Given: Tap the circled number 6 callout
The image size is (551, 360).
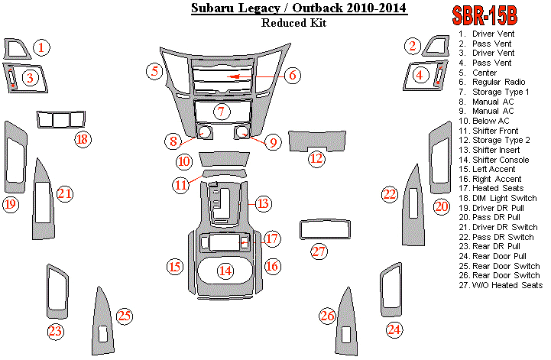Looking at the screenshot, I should pyautogui.click(x=292, y=75).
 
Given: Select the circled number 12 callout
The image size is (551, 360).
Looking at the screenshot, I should pyautogui.click(x=316, y=158).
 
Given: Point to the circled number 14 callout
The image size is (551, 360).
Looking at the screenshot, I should pyautogui.click(x=225, y=270).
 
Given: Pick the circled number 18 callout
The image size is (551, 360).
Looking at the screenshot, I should pyautogui.click(x=82, y=139).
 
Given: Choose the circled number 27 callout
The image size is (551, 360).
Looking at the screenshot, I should pyautogui.click(x=319, y=251).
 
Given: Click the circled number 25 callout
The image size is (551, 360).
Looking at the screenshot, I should pyautogui.click(x=124, y=315).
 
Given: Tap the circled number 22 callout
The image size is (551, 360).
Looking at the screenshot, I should pyautogui.click(x=391, y=194).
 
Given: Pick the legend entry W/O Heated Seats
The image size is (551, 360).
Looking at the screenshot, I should pyautogui.click(x=504, y=285).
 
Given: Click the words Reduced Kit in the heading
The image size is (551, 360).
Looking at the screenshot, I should pyautogui.click(x=293, y=24).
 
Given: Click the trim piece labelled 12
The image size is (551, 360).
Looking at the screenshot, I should pyautogui.click(x=316, y=141).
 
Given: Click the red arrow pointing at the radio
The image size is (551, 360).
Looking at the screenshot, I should pyautogui.click(x=242, y=76).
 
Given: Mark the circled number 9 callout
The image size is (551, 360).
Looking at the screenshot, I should pyautogui.click(x=271, y=141).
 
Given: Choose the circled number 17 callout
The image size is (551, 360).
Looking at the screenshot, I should pyautogui.click(x=272, y=239).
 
